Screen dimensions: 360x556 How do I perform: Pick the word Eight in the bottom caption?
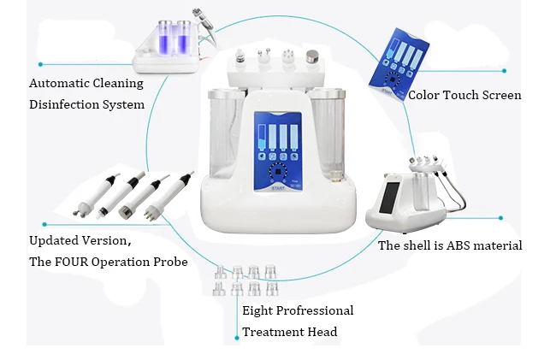tap(259, 310)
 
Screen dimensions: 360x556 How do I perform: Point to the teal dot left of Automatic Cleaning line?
tap(40, 64)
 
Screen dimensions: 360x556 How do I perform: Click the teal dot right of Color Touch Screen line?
tap(504, 71)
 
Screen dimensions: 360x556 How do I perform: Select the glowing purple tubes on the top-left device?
tap(169, 38)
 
